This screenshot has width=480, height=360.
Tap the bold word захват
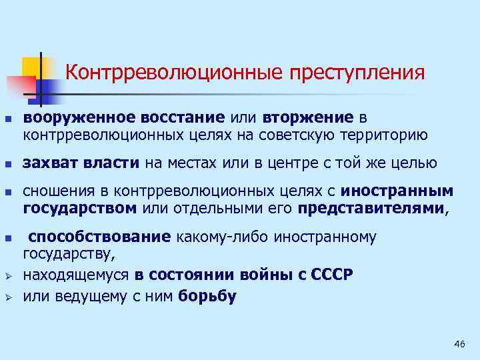(x=52, y=163)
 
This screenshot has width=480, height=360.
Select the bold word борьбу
(x=207, y=297)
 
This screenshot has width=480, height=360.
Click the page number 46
(x=459, y=343)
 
